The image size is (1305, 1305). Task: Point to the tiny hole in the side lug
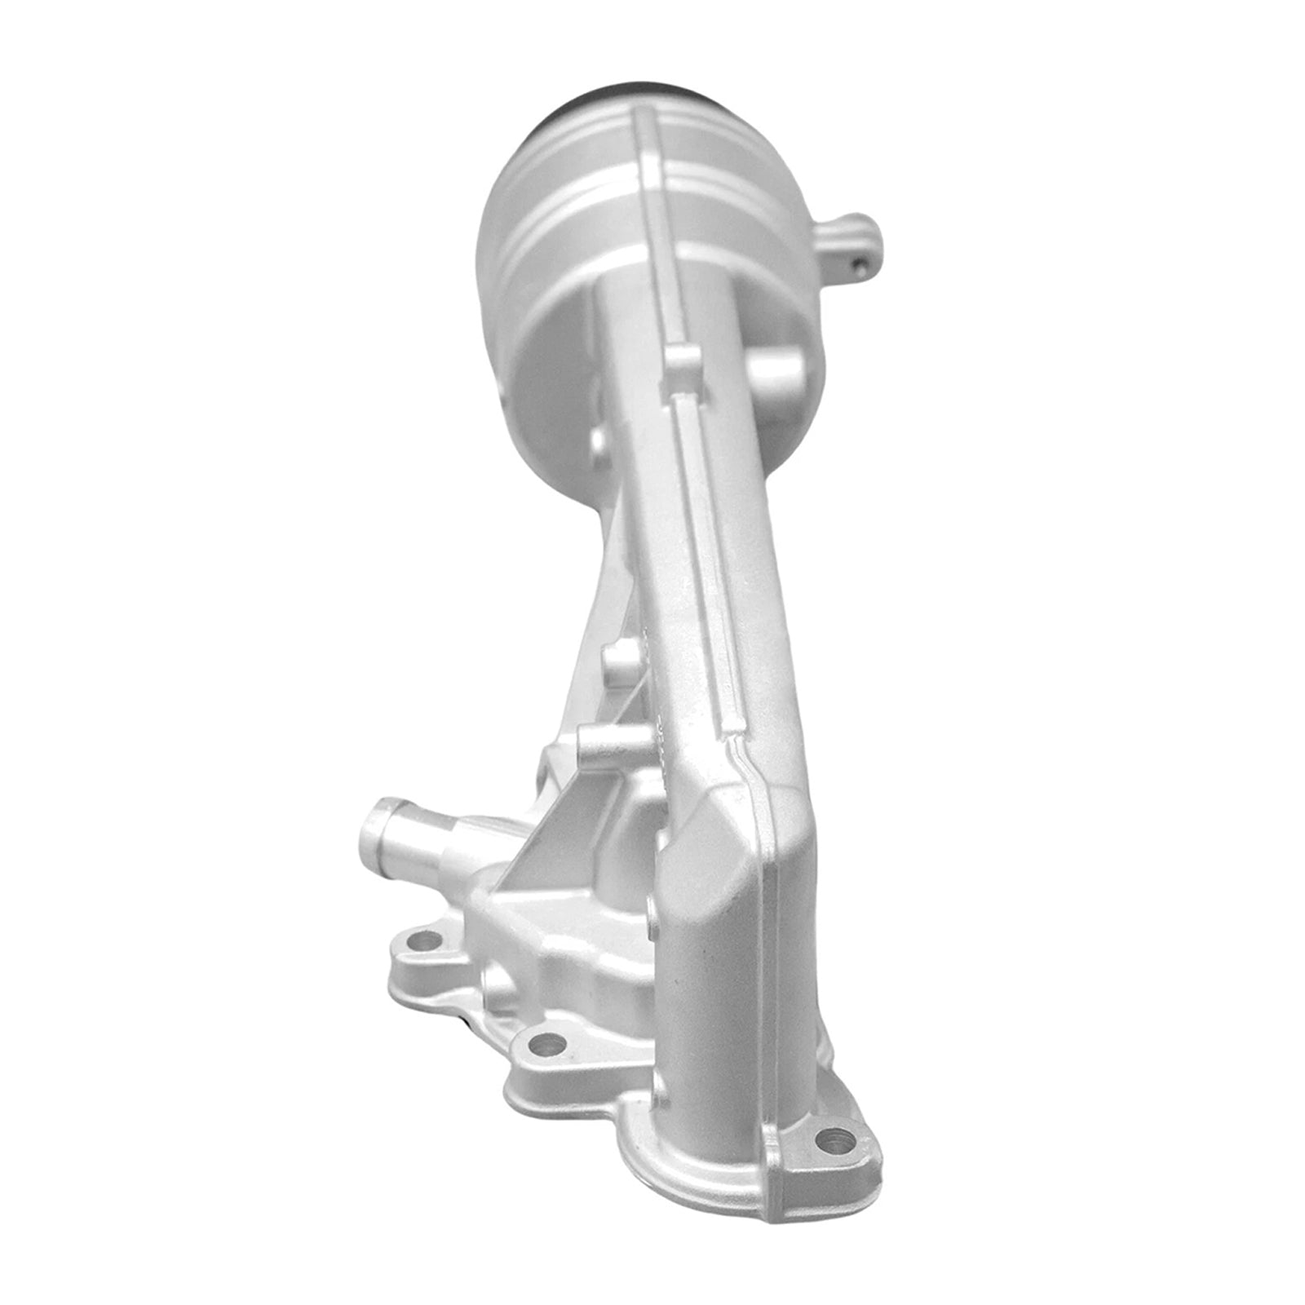[x=861, y=262]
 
